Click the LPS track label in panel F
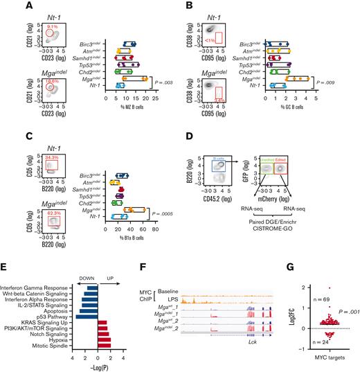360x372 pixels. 179,279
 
